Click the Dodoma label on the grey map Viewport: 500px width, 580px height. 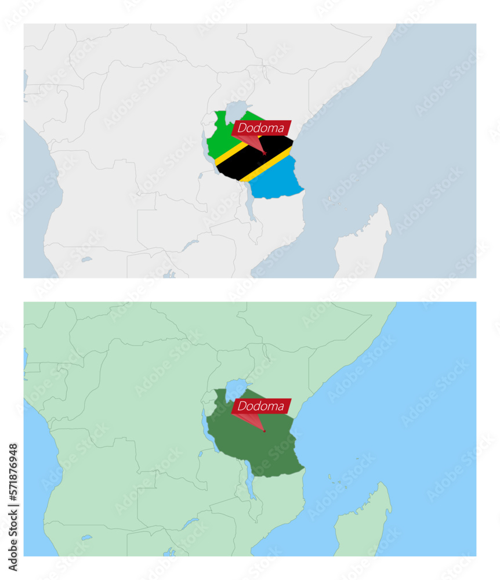pyautogui.click(x=261, y=128)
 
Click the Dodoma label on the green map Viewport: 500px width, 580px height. pyautogui.click(x=261, y=406)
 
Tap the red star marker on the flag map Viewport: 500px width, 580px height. pyautogui.click(x=265, y=153)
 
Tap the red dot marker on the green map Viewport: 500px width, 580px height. pyautogui.click(x=265, y=431)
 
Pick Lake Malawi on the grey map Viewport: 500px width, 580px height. pyautogui.click(x=251, y=206)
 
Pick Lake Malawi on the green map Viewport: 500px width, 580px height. pyautogui.click(x=251, y=484)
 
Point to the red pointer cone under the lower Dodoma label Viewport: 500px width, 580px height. pyautogui.click(x=253, y=420)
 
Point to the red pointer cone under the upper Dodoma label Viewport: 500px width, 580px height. pyautogui.click(x=253, y=143)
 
